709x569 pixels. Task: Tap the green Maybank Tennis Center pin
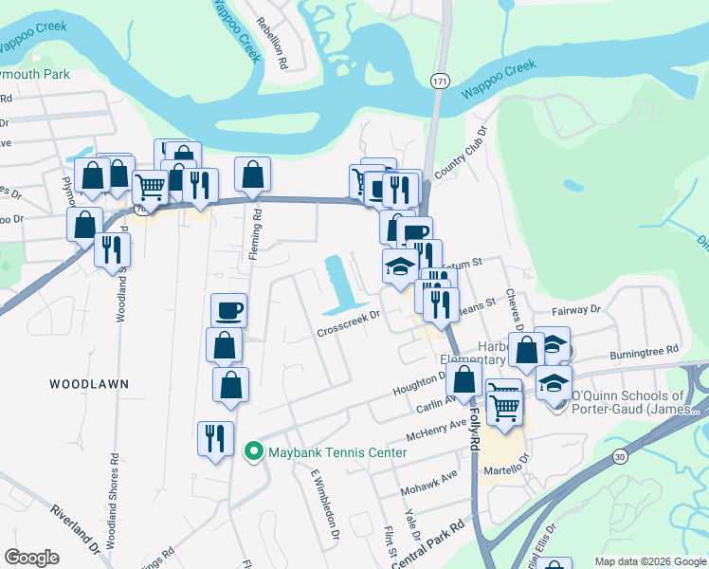click(x=253, y=451)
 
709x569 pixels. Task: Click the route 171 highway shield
click(x=439, y=81)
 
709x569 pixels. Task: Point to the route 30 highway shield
click(x=620, y=456)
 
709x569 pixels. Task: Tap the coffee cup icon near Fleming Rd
click(x=228, y=309)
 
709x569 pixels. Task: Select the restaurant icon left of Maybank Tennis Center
click(x=215, y=439)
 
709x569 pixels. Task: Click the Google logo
click(x=32, y=558)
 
